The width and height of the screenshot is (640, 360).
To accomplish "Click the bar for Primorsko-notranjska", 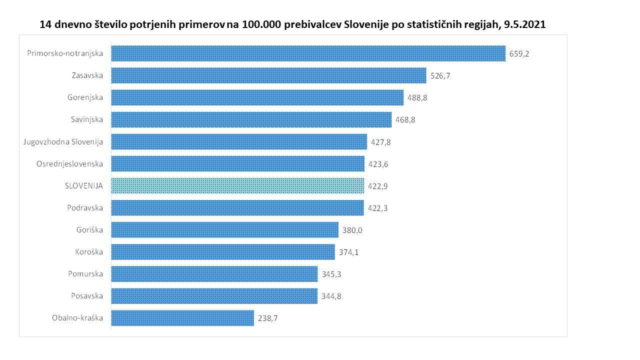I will coord(308,53).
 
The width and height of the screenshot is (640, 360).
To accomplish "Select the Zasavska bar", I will coord(268,75).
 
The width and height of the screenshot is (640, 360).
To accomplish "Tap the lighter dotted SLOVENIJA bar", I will coord(237,185).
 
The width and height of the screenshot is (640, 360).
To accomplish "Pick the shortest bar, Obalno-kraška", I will coord(182,318).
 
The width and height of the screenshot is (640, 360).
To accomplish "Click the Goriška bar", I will coord(224,230).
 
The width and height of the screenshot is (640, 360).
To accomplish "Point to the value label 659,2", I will coord(519,54).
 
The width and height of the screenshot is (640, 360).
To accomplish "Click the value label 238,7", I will coord(268,318).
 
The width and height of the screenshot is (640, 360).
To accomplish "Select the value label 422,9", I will coord(378,186).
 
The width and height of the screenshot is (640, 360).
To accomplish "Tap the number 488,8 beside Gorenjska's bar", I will coord(417,98).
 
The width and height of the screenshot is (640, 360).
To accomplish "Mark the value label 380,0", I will coord(352,230).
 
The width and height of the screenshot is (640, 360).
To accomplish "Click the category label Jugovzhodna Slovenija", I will coord(63,141).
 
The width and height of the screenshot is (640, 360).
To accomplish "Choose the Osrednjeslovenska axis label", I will coord(70,163).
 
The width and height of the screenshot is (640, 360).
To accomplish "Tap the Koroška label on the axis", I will coord(88,251).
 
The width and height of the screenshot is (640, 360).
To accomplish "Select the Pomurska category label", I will coord(85,273).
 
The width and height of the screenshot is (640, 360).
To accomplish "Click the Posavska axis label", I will coord(87,295).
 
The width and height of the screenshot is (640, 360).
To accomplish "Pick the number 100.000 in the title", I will coord(261,24).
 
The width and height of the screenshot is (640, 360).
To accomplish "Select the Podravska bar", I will coord(237,207).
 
